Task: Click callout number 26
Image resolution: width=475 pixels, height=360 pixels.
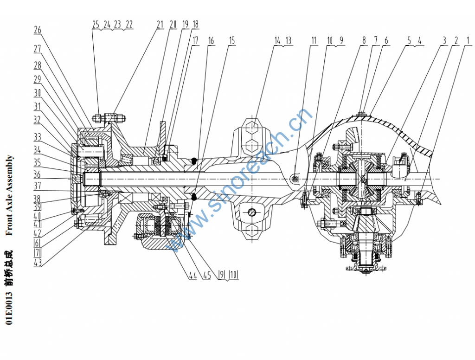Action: pos(38,30)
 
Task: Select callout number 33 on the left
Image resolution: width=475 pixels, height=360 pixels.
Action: pos(38,137)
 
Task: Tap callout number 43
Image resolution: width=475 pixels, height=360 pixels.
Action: pos(38,263)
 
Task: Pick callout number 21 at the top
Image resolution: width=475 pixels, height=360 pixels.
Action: pos(160,25)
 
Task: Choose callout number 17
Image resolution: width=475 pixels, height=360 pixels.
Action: pos(195,41)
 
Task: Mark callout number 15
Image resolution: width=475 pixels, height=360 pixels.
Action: pos(231,41)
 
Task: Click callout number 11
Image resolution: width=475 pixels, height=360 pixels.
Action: pos(314,41)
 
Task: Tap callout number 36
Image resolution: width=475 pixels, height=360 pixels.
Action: pos(38,175)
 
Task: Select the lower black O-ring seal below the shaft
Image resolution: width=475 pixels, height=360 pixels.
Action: pos(195,196)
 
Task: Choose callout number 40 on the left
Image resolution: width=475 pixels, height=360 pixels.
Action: pos(38,215)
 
